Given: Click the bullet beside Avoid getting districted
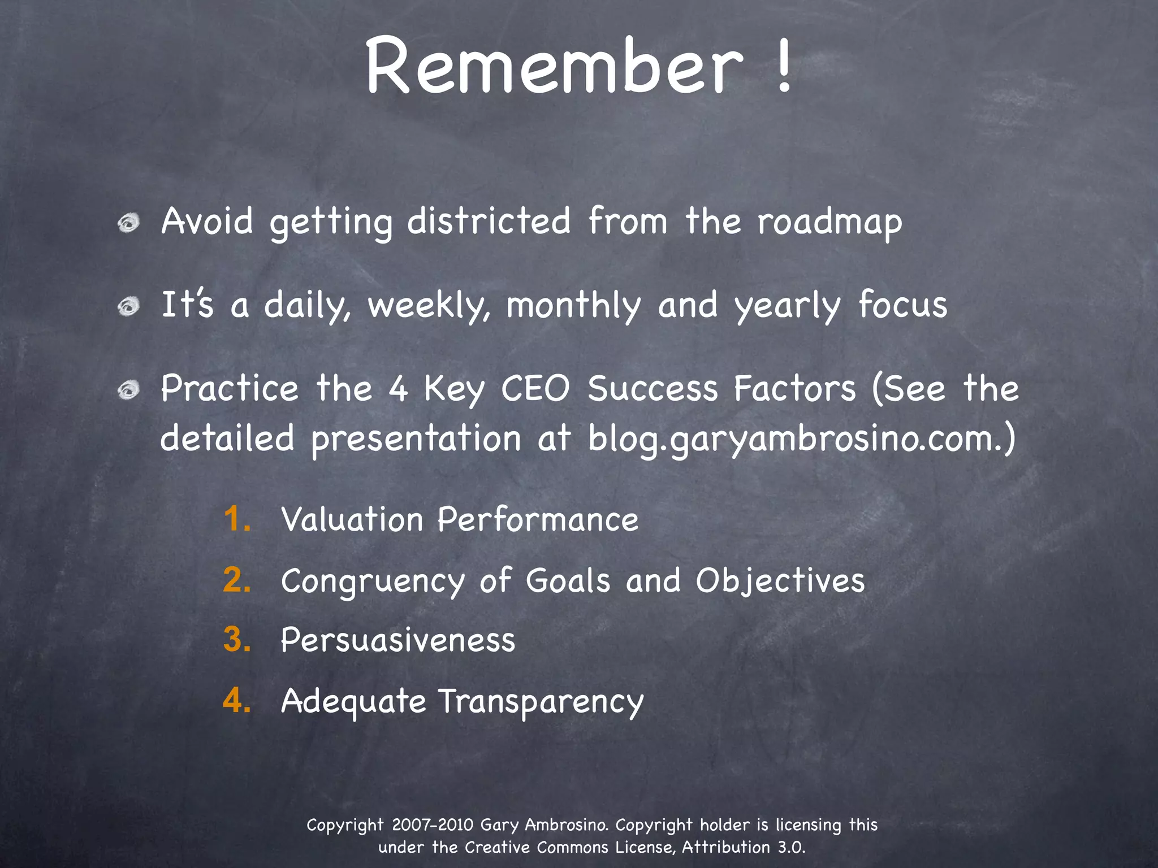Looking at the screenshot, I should click(x=129, y=223).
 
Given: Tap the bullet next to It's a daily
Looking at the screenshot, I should click(x=129, y=306).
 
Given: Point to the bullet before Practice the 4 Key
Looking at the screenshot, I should click(x=129, y=390).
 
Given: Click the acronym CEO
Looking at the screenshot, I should click(x=535, y=389).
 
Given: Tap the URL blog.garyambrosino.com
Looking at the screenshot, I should click(x=794, y=439).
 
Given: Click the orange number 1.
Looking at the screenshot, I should click(x=236, y=519).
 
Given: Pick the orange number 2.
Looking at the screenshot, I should click(x=237, y=580).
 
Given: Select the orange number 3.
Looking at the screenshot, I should click(x=237, y=640).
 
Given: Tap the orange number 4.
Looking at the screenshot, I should click(x=237, y=701).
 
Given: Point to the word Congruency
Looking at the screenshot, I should click(x=373, y=581).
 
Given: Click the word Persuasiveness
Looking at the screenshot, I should click(x=397, y=640).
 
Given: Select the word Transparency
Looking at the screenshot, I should click(x=541, y=702).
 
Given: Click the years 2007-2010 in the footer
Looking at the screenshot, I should click(x=432, y=824).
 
